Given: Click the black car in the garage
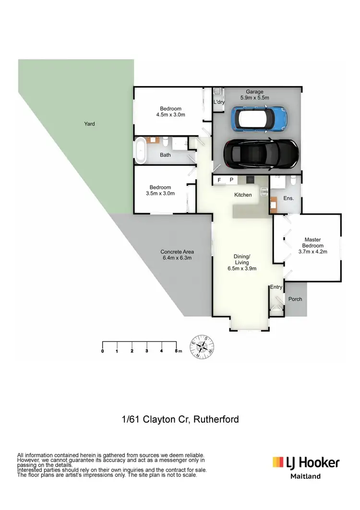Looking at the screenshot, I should tap(261, 154).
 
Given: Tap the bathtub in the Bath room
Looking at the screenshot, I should tap(142, 150).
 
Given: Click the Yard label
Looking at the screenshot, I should tap(89, 124).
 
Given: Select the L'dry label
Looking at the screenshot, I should tap(219, 102).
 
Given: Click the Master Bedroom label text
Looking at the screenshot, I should tap(312, 243).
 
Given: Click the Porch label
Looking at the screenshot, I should tap(295, 299).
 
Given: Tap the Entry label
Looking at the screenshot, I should tap(276, 287).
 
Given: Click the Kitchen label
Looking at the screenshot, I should tap(243, 195).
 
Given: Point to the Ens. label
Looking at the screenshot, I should tap(288, 198).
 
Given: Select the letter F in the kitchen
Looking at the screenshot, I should tap(219, 180).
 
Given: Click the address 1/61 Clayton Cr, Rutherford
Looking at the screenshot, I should tap(180, 419).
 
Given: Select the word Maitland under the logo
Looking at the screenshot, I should tap(306, 476).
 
